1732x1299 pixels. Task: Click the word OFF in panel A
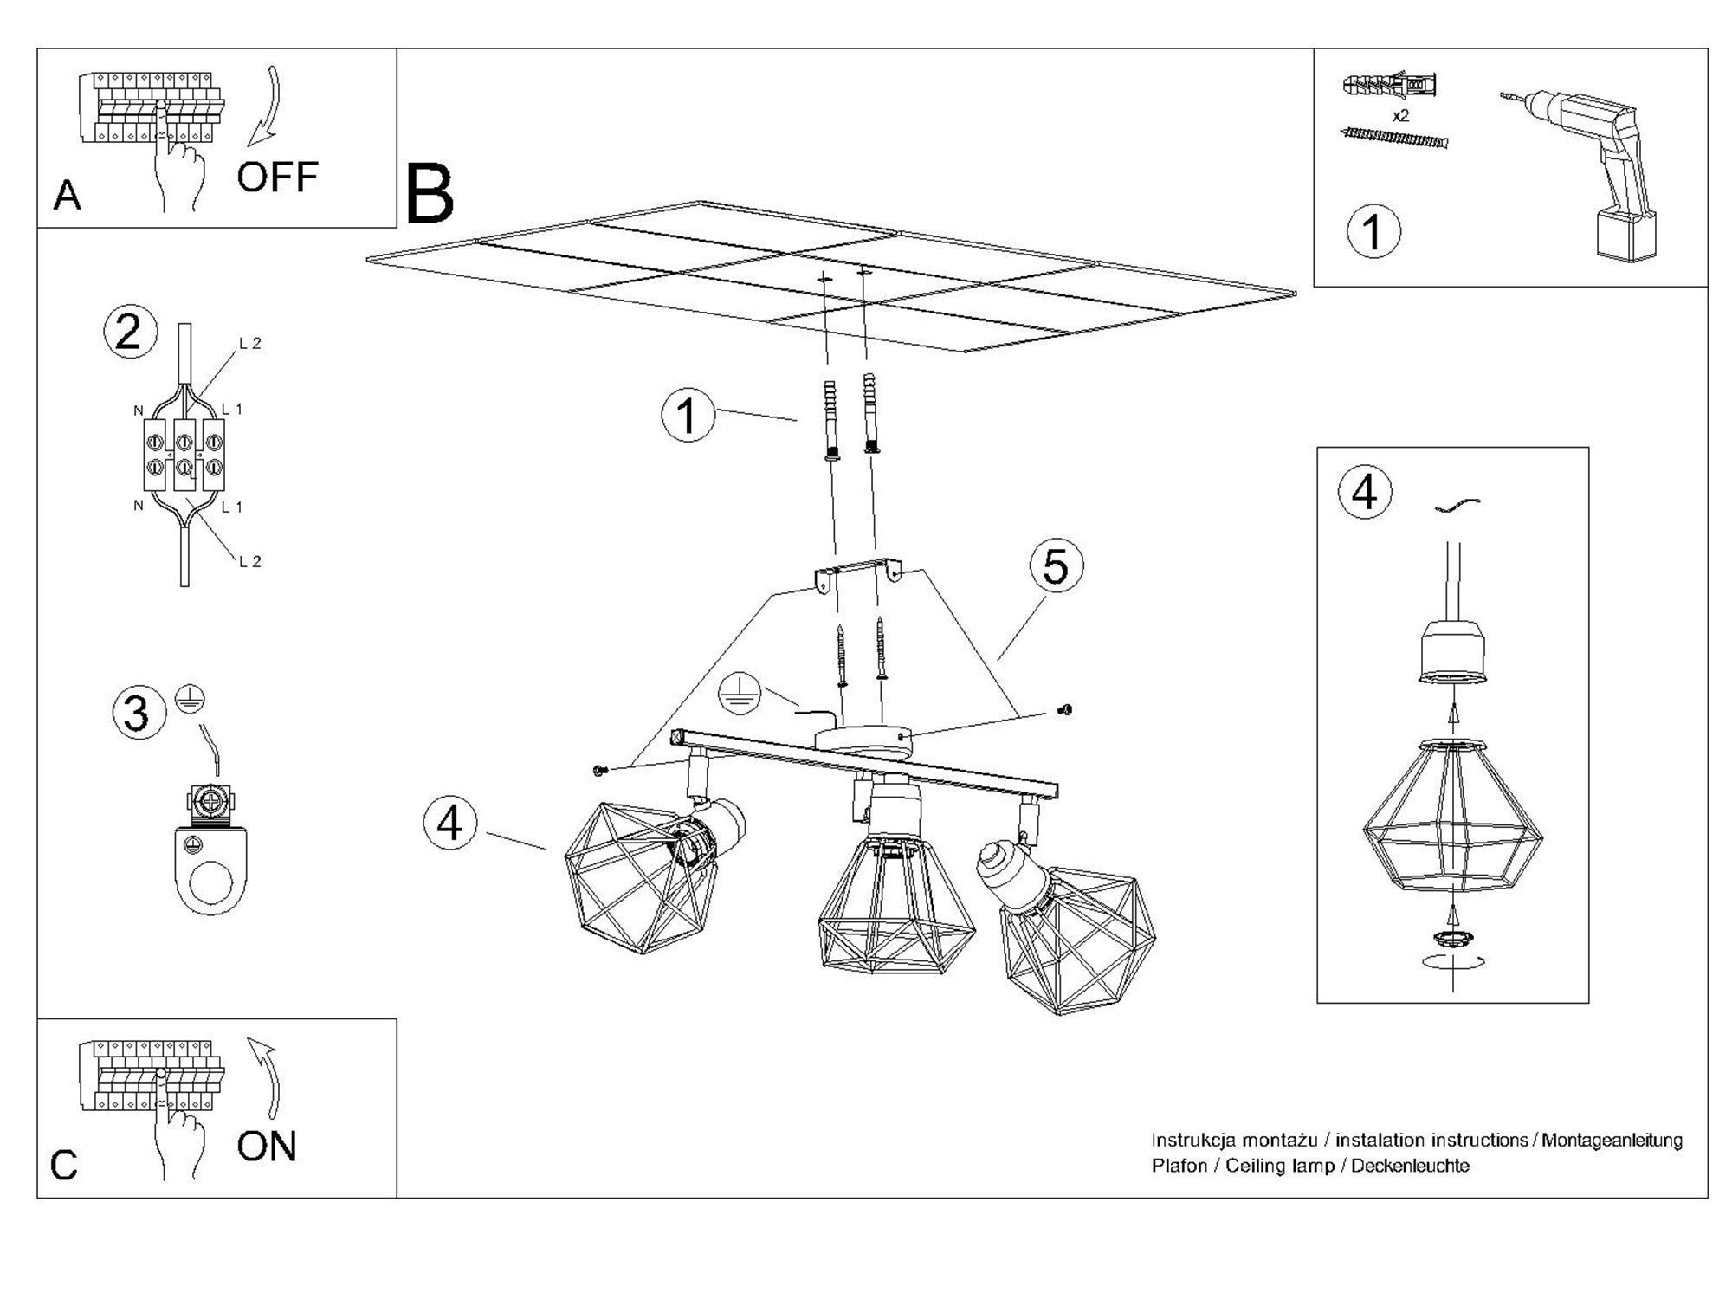coord(277,177)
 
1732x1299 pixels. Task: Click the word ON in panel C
coord(267,1147)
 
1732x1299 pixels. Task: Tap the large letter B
coord(429,194)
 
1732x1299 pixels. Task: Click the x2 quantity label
coord(1400,115)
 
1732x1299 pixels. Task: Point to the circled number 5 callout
coord(1056,567)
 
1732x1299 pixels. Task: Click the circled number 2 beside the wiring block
coord(129,333)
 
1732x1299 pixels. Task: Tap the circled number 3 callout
coord(138,713)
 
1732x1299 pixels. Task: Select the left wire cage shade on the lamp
coord(637,879)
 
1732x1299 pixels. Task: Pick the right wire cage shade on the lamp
coord(1078,944)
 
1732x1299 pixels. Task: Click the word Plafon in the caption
coord(1179,1167)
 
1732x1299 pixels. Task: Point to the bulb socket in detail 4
coord(1453,654)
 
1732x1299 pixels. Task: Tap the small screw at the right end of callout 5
coord(1066,710)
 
